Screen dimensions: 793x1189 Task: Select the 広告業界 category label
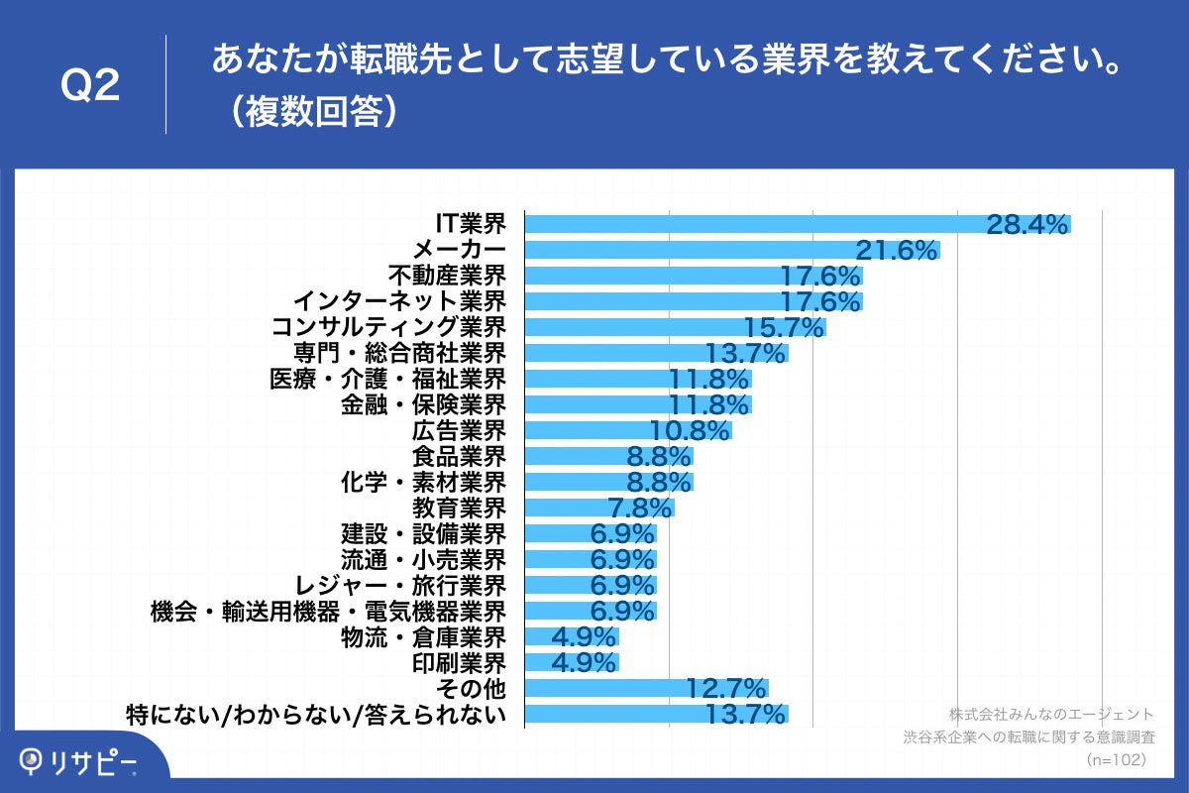point(459,430)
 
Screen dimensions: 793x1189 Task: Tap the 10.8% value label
point(690,431)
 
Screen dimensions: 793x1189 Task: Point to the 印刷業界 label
point(459,662)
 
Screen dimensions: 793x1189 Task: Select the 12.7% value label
point(726,688)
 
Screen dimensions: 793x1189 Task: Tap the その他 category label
point(475,688)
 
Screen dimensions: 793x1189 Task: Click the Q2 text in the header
point(90,86)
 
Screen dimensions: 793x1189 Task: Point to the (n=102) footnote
point(1116,759)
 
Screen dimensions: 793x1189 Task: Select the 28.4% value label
point(1027,225)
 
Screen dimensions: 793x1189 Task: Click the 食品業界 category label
point(459,456)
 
